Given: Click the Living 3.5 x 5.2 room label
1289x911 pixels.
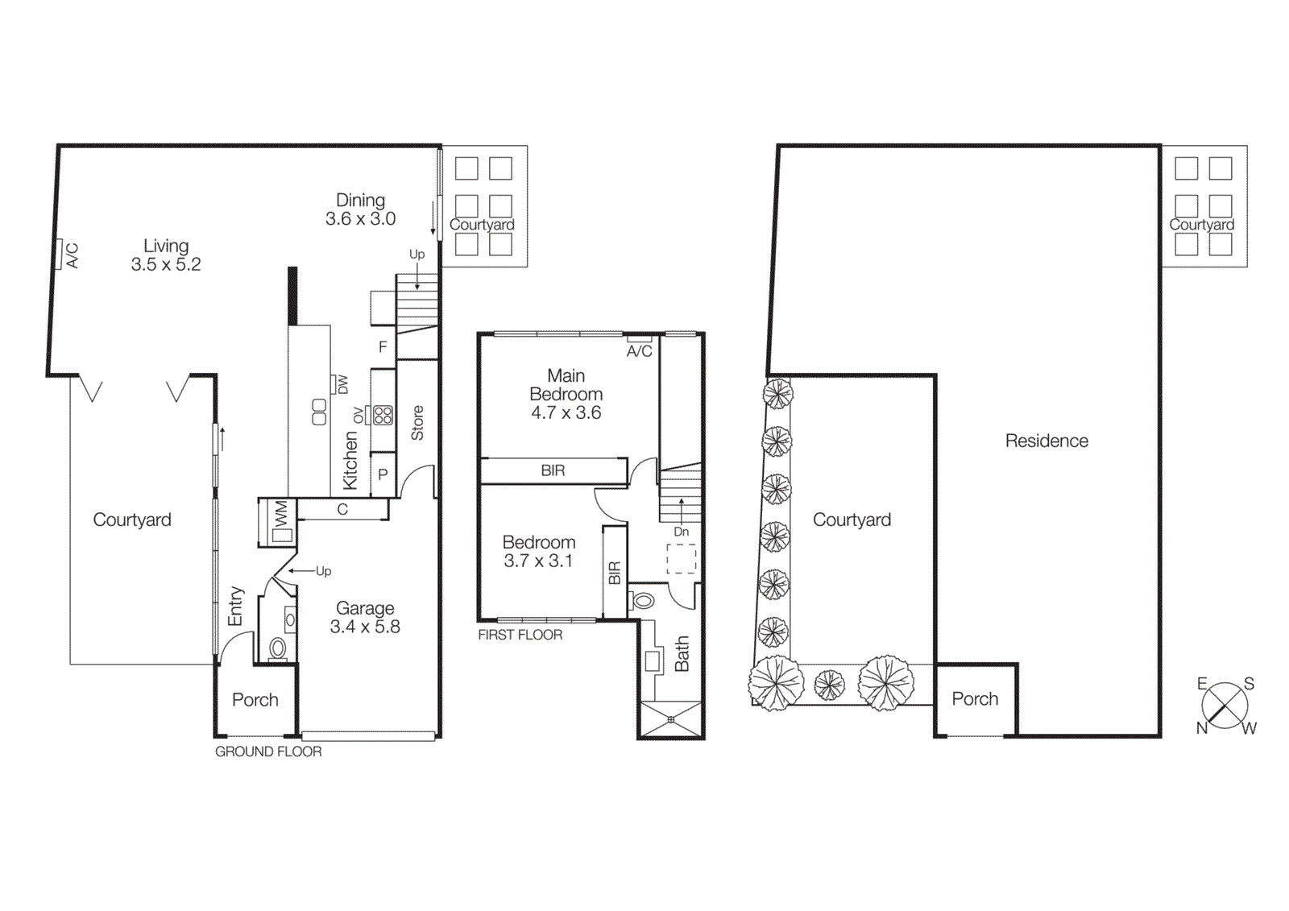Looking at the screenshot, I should (166, 255).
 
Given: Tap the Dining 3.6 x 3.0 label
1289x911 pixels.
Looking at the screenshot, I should (360, 209).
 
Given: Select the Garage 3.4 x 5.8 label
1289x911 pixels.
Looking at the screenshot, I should (365, 618).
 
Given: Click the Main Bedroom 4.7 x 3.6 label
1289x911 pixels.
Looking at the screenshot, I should (566, 394).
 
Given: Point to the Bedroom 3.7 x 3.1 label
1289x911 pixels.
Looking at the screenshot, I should (538, 552).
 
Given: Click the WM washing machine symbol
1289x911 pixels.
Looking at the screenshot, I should (280, 523).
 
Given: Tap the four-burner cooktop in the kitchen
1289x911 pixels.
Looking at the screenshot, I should (383, 416).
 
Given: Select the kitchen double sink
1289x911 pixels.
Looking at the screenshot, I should (319, 412).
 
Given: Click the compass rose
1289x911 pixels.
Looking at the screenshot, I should (1225, 706).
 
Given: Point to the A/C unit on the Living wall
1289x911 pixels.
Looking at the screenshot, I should (59, 255).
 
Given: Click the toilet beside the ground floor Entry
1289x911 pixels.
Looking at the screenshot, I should (277, 648).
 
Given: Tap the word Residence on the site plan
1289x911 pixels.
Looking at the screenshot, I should (1047, 441).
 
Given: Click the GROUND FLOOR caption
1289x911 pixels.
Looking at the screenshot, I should (268, 752).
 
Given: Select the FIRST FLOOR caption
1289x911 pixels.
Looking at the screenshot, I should (520, 635).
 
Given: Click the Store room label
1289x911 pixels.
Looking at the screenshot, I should (417, 423).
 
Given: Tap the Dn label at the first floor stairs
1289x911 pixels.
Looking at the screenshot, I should (682, 532).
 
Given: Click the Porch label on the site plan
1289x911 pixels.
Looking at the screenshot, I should (975, 699).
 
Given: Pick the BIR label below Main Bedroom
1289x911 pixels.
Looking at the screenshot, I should (553, 470).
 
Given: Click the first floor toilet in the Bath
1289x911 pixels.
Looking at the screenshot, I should (644, 600).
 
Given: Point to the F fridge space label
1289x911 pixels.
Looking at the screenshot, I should (383, 347).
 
